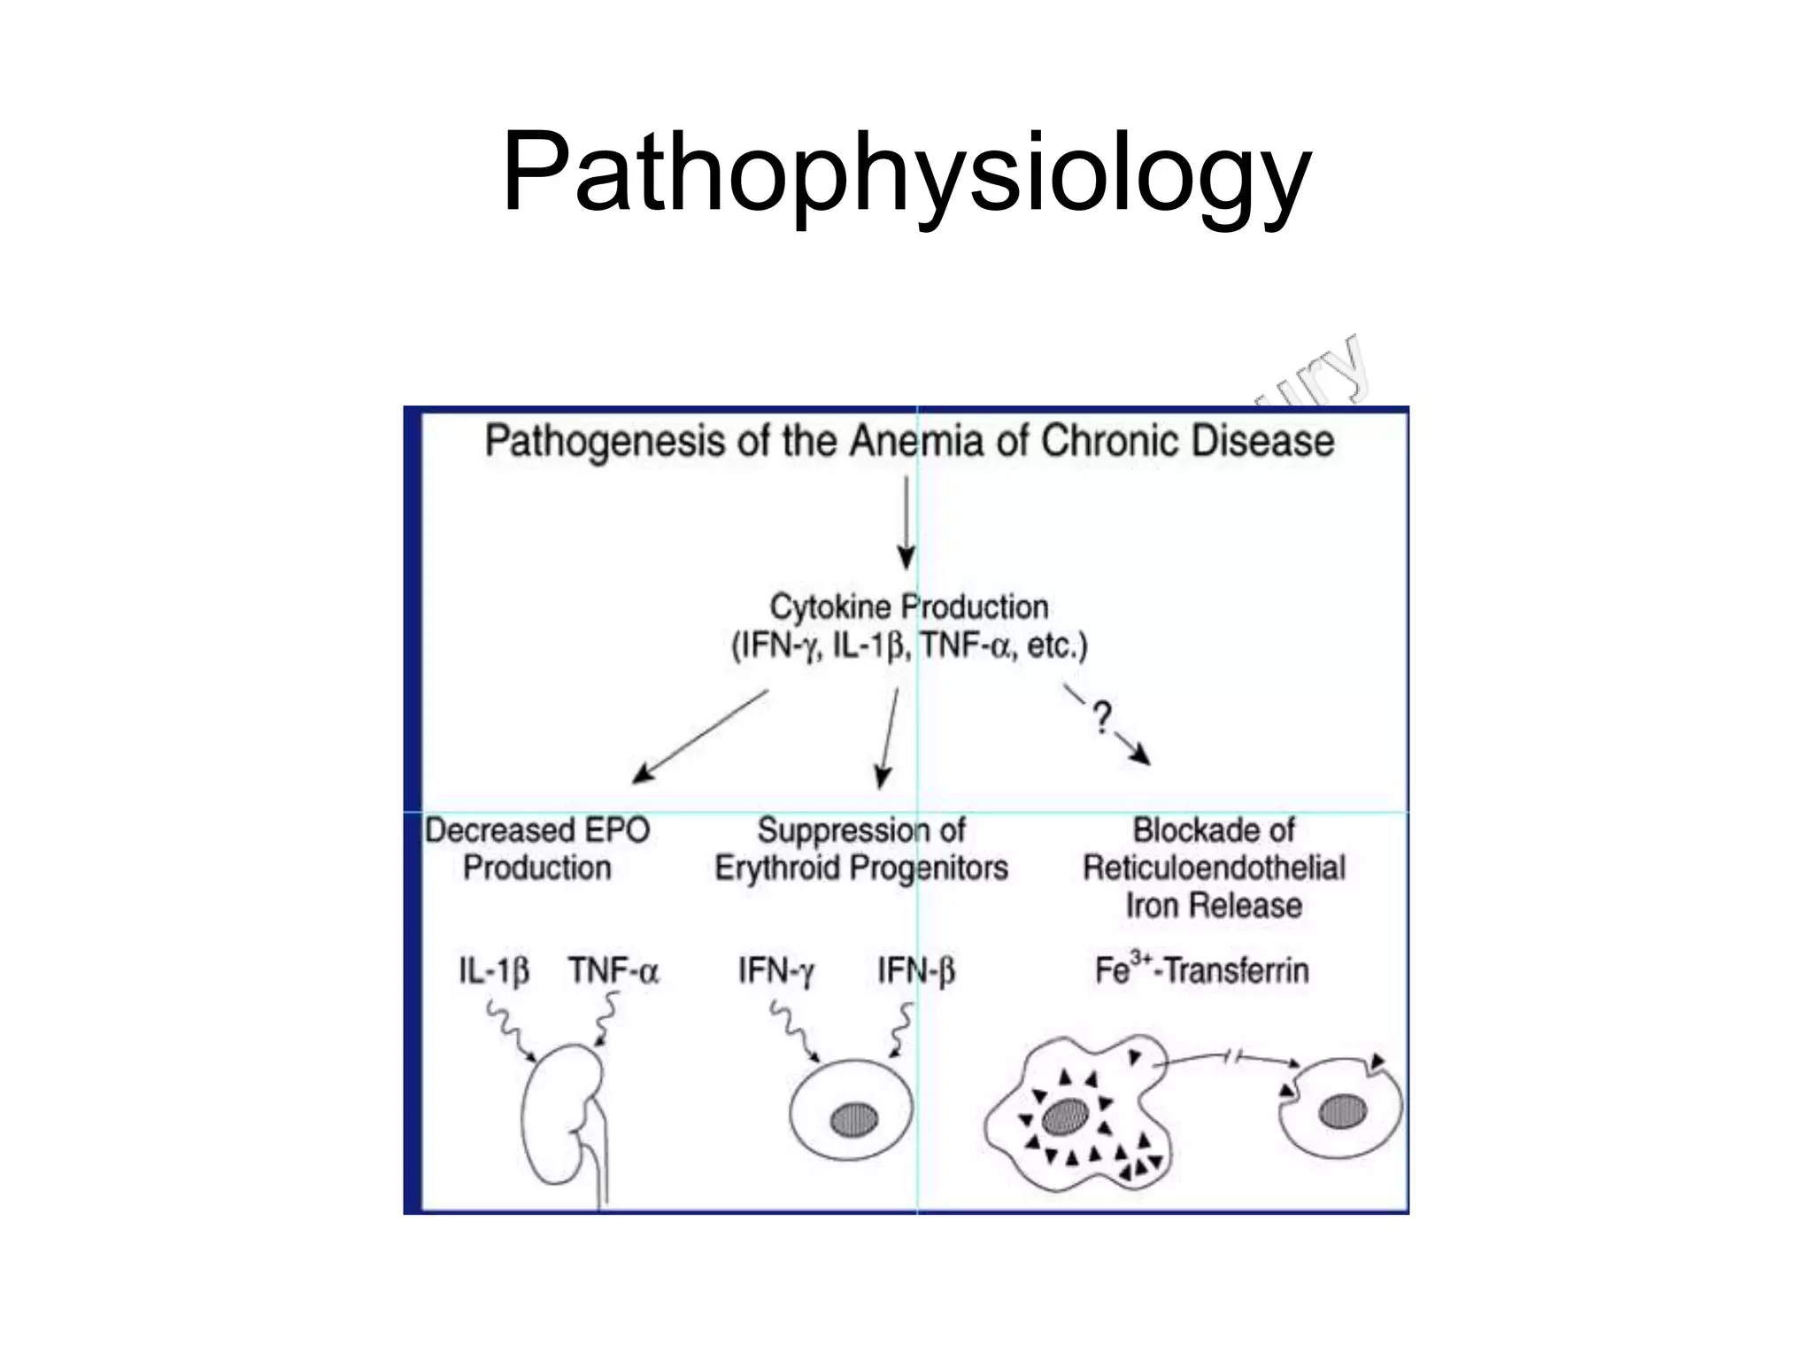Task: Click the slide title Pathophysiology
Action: point(906,173)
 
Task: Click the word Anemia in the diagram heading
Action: point(916,441)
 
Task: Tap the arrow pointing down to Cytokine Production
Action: point(906,522)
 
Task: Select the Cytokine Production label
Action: point(909,607)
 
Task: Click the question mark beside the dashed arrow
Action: point(1101,717)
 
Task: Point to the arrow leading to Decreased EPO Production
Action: point(699,737)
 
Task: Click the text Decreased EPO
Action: point(537,831)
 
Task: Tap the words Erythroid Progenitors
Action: point(861,869)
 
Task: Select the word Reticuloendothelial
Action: point(1214,869)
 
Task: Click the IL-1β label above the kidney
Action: point(494,971)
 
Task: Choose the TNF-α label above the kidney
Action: point(613,971)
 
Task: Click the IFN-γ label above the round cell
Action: point(776,971)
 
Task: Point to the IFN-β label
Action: point(916,971)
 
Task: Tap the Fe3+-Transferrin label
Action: point(1201,970)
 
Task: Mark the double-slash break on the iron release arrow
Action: point(1233,1055)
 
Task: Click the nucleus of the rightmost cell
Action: point(1342,1112)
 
